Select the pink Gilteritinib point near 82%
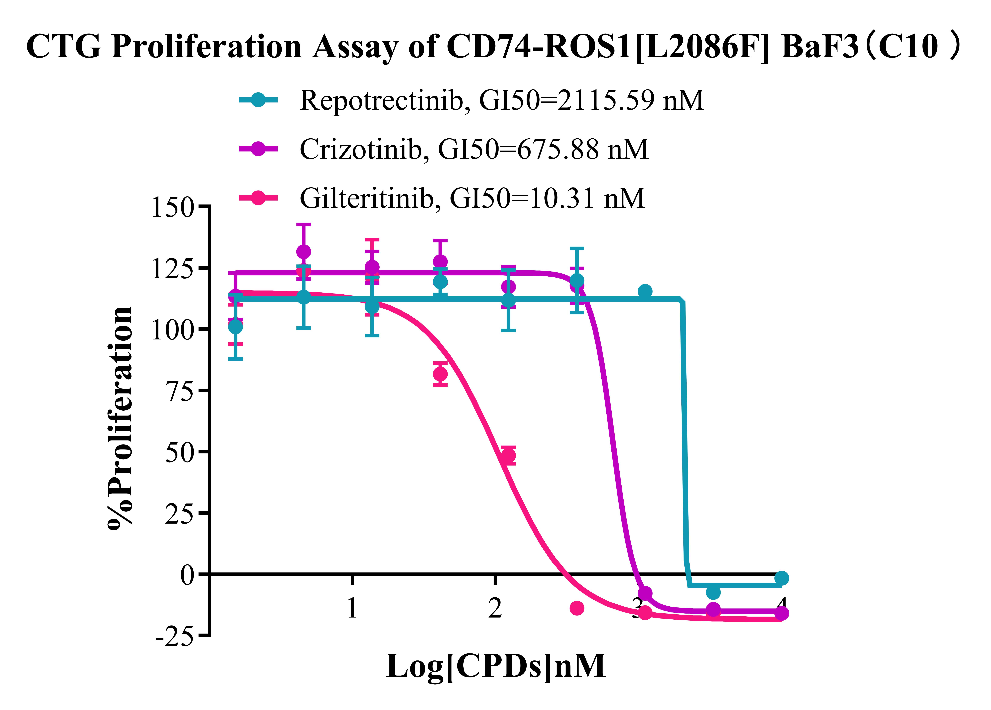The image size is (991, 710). [x=440, y=374]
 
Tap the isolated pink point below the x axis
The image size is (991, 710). [x=577, y=608]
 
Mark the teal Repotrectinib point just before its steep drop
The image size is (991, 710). [x=645, y=291]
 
